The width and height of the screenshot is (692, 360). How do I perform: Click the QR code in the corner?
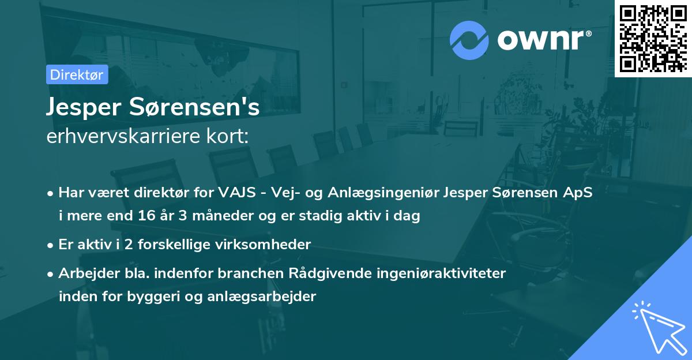(652, 38)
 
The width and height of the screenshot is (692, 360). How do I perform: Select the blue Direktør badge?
(77, 74)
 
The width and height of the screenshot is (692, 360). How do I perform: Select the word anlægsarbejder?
(272, 297)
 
